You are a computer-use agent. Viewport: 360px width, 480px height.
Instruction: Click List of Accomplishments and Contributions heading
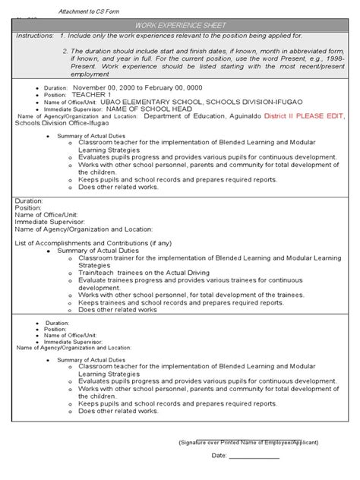click(87, 243)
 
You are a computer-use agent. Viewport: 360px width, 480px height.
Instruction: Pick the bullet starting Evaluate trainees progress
click(201, 280)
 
